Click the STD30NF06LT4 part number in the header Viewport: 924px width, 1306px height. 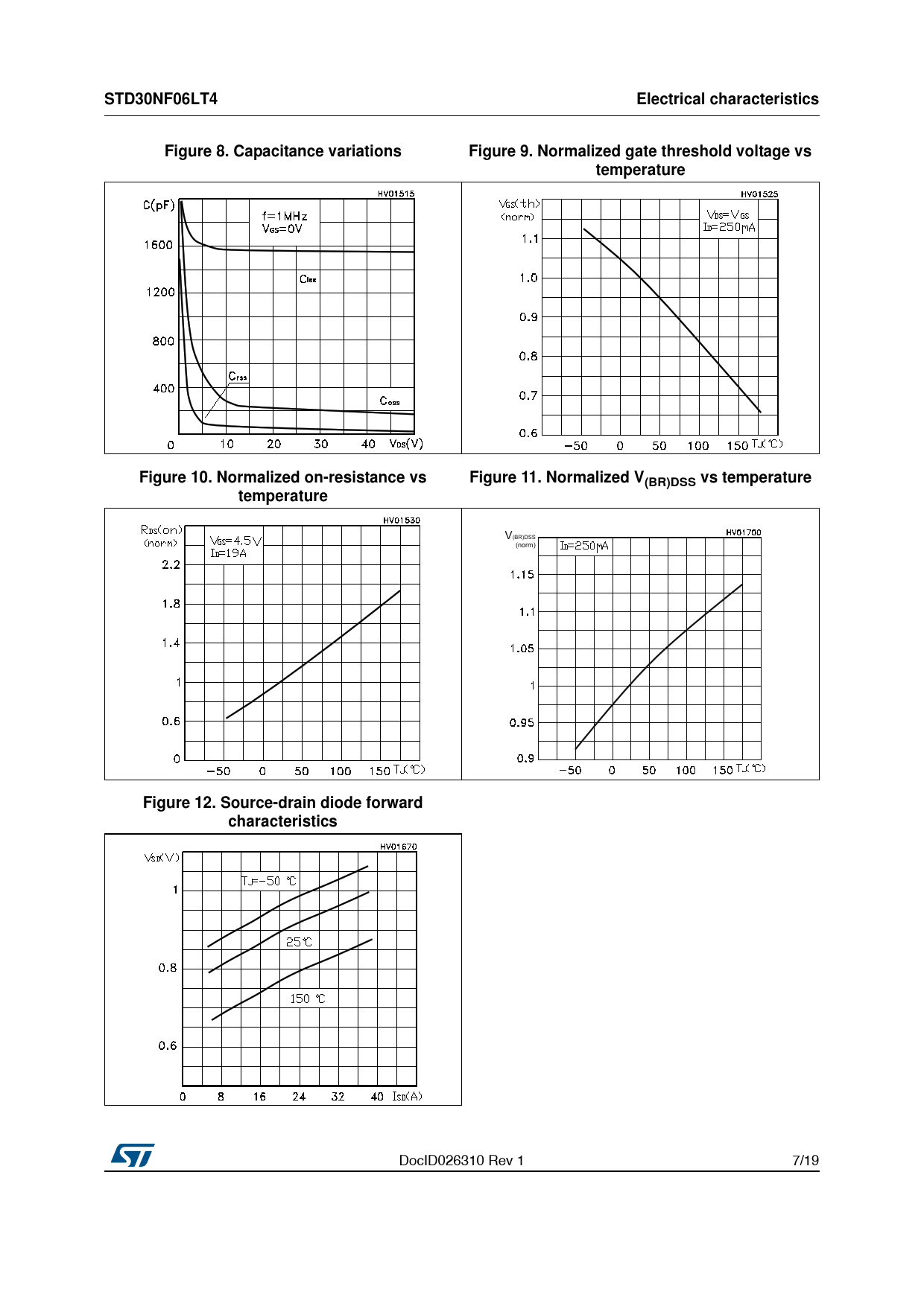pos(161,99)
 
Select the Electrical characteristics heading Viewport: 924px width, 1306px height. pos(727,99)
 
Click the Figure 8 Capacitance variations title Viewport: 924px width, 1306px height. pos(282,151)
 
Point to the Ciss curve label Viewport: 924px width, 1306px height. pos(308,279)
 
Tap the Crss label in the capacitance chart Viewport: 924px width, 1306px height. pos(238,376)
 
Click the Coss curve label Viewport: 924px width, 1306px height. pos(390,401)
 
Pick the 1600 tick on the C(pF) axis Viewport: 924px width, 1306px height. pos(159,245)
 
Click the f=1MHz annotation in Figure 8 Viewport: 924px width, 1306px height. pos(285,216)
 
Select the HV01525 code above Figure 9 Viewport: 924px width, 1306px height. pos(759,194)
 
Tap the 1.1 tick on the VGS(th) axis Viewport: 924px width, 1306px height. pos(529,239)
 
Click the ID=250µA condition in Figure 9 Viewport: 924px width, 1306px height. pos(729,227)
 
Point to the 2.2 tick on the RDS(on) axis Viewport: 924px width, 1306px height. pos(171,564)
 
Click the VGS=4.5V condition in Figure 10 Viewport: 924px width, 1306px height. pos(235,541)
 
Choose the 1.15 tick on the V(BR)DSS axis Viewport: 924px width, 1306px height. pos(522,575)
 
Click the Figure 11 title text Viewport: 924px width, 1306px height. pos(640,478)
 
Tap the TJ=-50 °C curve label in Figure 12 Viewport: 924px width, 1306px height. pos(269,881)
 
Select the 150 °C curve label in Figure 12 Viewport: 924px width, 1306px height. pos(307,998)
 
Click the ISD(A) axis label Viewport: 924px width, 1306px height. pos(407,1096)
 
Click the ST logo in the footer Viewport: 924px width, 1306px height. pos(133,1155)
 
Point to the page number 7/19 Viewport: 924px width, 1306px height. pos(805,1160)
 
